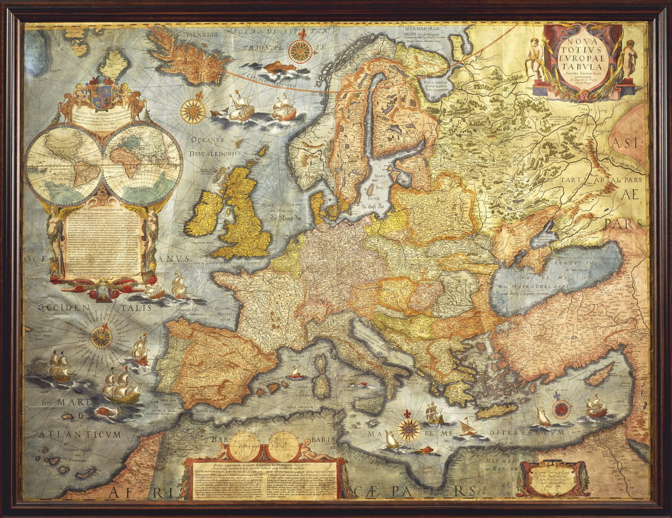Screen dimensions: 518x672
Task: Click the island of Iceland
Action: [187, 56]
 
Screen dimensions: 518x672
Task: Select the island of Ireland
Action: [205, 213]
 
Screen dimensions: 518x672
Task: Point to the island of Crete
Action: [497, 411]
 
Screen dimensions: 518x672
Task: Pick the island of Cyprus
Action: [598, 374]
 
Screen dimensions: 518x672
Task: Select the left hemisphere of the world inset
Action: [64, 163]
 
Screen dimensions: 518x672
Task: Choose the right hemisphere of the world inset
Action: [143, 163]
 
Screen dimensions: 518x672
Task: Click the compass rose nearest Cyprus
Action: [561, 409]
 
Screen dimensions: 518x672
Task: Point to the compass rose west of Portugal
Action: [101, 337]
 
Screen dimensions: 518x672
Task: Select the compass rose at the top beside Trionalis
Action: [301, 51]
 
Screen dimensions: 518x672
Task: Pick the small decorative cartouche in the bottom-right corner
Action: [553, 478]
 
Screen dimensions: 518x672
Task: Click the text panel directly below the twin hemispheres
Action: [103, 243]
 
